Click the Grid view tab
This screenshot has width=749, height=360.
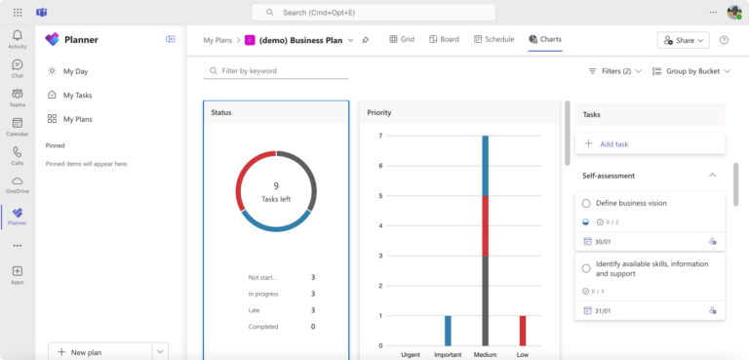coord(402,40)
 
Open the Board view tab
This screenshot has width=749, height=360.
coord(444,40)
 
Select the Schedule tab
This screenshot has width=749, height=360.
coord(493,40)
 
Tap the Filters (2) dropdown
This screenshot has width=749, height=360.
coord(614,71)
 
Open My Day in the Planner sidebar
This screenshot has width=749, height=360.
coord(75,71)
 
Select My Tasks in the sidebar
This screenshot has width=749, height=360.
coord(77,95)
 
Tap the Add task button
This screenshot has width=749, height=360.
coord(614,143)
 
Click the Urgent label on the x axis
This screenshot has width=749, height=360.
coord(411,354)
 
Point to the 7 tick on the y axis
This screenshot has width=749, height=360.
coord(380,136)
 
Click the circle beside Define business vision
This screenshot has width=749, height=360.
coord(586,203)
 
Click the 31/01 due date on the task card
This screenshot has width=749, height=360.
coord(603,310)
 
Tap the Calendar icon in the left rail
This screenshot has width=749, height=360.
coord(18,127)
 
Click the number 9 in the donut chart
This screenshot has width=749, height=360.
coord(276,185)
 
